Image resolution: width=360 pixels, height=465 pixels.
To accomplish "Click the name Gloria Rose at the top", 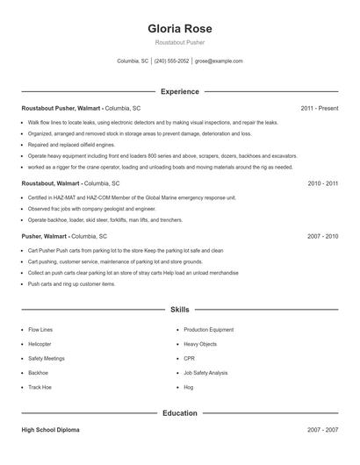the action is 180,28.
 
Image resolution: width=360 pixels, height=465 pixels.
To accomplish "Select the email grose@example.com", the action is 219,61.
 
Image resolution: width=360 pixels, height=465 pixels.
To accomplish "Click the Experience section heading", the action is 180,91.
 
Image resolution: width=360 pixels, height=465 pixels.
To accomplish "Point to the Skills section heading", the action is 180,310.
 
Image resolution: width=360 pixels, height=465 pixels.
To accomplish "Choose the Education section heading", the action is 180,412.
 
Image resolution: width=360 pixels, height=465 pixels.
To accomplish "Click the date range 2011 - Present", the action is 319,108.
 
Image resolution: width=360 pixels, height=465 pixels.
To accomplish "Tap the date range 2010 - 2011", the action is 322,184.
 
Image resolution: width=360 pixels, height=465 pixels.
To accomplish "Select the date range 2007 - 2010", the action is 322,237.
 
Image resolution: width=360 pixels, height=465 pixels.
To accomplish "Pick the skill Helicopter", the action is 40,344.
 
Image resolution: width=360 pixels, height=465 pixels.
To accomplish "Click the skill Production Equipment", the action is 208,330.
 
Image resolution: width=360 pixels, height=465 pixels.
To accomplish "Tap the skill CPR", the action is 189,358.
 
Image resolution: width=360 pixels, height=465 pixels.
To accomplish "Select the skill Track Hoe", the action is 40,386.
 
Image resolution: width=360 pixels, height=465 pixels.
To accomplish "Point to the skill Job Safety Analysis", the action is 205,372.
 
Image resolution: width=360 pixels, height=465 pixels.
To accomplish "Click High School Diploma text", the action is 52,430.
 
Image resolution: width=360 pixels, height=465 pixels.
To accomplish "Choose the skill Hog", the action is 188,386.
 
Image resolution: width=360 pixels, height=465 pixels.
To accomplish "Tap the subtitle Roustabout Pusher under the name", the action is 180,42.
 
